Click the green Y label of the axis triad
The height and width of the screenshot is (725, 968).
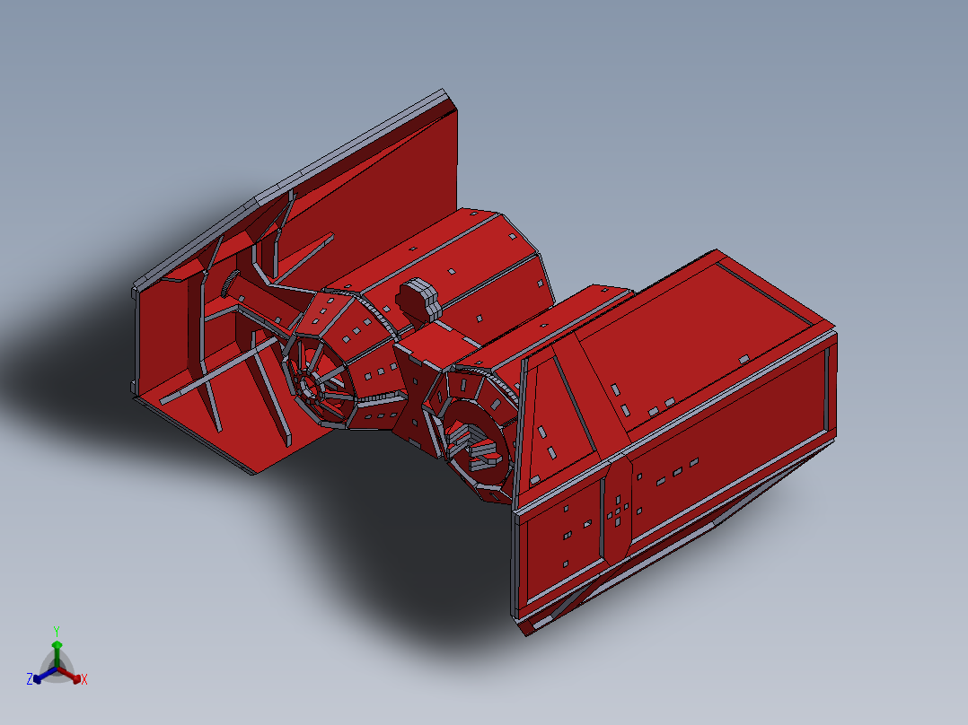(57, 631)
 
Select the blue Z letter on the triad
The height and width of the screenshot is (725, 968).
(30, 679)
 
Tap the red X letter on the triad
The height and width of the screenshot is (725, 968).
(84, 680)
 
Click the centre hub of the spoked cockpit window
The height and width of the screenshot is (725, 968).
(307, 388)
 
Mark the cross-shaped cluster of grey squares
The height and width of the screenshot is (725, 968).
(617, 507)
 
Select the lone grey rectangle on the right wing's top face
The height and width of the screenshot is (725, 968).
(744, 359)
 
